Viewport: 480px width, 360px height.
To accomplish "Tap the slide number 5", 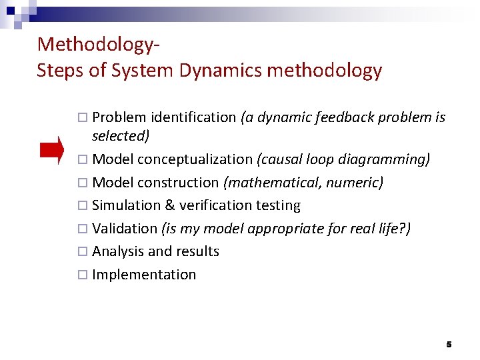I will (x=449, y=345).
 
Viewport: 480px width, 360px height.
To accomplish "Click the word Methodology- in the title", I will (x=99, y=45).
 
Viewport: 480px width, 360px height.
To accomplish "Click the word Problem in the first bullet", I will (x=119, y=118).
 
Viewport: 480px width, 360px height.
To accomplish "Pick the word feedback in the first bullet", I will (x=343, y=118).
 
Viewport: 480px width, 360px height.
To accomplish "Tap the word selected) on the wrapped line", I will (x=121, y=136).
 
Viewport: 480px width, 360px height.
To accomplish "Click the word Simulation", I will (x=125, y=205).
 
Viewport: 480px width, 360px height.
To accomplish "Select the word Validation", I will (x=125, y=229).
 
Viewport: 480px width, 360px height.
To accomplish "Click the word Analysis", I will (x=118, y=251).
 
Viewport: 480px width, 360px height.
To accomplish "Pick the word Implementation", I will (x=144, y=275).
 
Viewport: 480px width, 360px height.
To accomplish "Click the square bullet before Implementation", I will (x=81, y=275).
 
